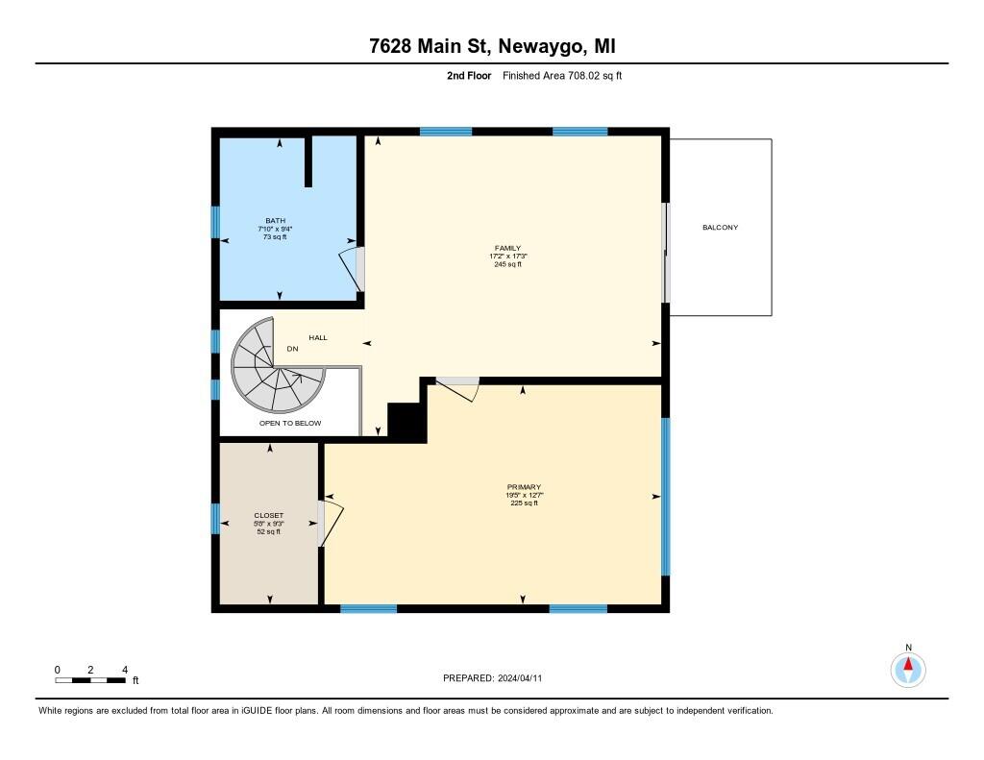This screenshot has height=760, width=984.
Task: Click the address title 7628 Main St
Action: tap(491, 46)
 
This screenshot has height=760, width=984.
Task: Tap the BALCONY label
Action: tap(720, 228)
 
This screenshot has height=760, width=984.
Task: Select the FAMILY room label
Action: tap(507, 248)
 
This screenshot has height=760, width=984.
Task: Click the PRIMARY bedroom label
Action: tap(525, 487)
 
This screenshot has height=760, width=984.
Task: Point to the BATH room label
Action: tap(275, 221)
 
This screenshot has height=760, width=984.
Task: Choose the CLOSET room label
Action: tap(269, 515)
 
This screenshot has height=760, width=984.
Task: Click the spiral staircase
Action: tap(274, 366)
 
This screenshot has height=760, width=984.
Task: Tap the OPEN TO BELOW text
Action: tap(290, 423)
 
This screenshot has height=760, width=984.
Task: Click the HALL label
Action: tap(318, 338)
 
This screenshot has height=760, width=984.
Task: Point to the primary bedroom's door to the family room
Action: tap(457, 388)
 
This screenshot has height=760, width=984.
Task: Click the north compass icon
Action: tap(908, 668)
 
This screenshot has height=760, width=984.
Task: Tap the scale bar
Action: tap(90, 680)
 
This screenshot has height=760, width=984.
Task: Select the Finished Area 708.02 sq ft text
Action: tap(562, 75)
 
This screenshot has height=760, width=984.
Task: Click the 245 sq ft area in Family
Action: tap(507, 264)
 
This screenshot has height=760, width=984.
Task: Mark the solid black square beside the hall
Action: tap(406, 423)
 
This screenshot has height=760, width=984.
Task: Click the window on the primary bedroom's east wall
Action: tap(665, 496)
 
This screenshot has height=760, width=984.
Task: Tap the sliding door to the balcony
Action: tap(665, 253)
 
